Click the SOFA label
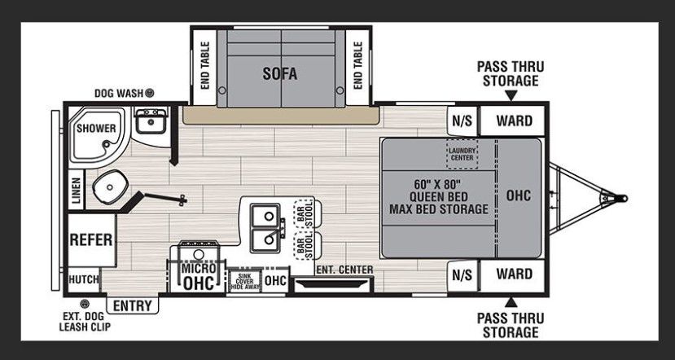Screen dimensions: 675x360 (x=280, y=73)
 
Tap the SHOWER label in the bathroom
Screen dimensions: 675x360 (x=96, y=129)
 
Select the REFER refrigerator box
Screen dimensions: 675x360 (x=92, y=239)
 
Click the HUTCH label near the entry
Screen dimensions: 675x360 (x=84, y=279)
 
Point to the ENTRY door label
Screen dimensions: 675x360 (x=132, y=305)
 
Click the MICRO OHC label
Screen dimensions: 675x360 (x=198, y=276)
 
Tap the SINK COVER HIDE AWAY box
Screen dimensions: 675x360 (x=245, y=281)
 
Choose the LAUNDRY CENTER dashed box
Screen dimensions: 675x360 (x=462, y=154)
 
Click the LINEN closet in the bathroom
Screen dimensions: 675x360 (x=77, y=190)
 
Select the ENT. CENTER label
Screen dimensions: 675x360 (x=344, y=270)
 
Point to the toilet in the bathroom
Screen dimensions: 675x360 (x=110, y=187)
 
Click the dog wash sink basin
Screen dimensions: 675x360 (x=151, y=121)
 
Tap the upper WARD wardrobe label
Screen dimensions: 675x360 (x=514, y=121)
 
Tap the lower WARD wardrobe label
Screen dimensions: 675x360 (x=514, y=274)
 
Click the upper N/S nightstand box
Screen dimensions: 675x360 (x=462, y=121)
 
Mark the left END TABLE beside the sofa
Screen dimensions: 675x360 (x=204, y=65)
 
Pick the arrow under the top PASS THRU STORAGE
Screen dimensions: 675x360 (x=511, y=95)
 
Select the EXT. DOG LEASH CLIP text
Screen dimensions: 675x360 (x=85, y=321)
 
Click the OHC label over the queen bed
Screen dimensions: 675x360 (x=519, y=195)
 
